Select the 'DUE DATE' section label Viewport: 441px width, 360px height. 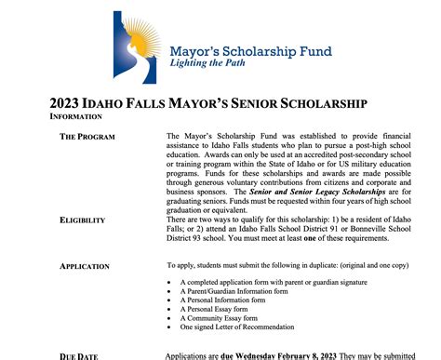click(x=81, y=356)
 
